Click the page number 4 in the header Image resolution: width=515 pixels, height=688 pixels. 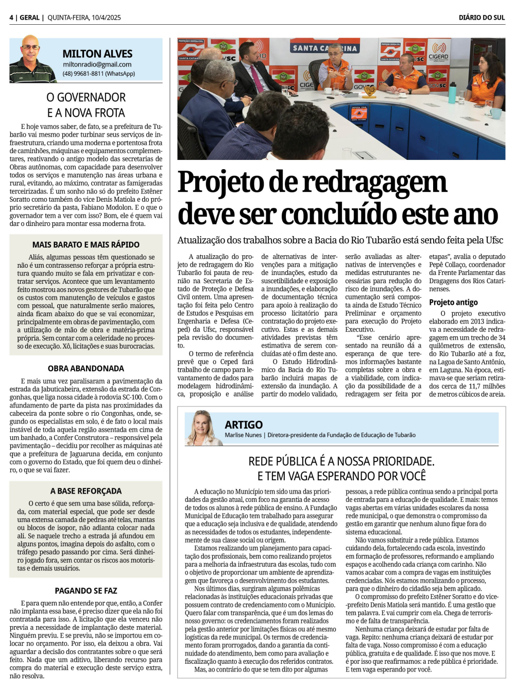tap(11, 18)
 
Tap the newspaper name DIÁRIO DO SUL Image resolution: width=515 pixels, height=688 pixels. tap(482, 18)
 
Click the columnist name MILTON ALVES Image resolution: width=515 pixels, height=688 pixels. tap(97, 54)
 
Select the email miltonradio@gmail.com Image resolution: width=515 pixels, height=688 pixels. tap(97, 64)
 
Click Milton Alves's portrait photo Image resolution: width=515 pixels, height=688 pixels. tap(32, 59)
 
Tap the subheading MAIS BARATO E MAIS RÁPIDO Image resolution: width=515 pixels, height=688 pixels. tap(85, 244)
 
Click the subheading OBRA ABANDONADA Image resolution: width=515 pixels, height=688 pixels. tap(85, 368)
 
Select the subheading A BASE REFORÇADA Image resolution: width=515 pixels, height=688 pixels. tap(85, 491)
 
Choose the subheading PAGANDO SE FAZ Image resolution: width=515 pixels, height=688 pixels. tap(85, 591)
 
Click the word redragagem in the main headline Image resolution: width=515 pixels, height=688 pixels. tap(374, 182)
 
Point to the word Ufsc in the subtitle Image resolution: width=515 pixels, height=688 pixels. tap(494, 240)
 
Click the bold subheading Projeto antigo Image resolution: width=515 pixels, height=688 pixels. tap(453, 302)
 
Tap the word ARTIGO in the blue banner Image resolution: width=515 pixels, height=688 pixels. tap(244, 424)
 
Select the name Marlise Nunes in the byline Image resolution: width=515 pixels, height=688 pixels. tap(243, 435)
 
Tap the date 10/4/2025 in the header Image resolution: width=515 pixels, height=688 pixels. tap(106, 18)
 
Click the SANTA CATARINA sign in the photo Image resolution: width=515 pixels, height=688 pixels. tap(324, 48)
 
